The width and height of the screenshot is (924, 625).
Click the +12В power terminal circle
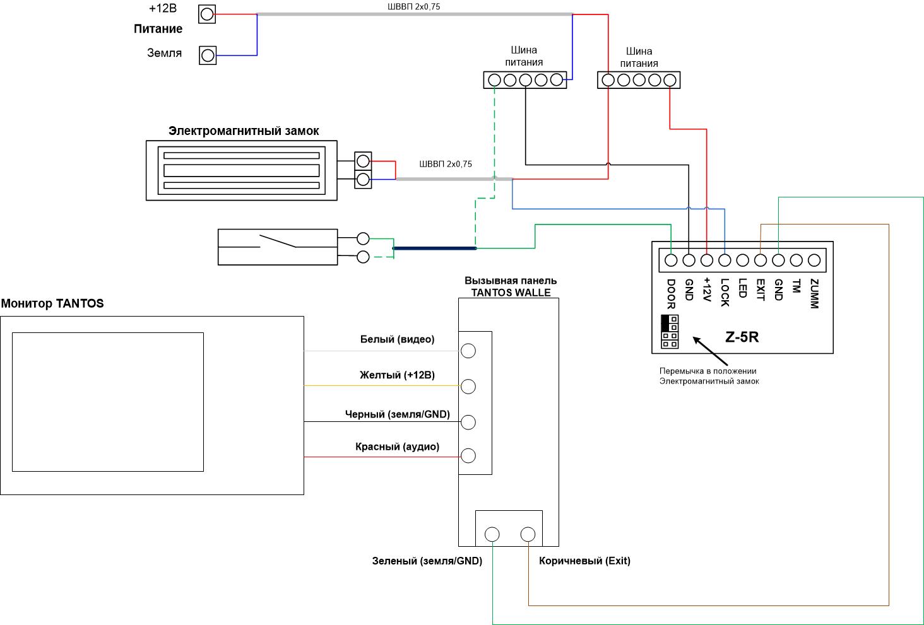[207, 15]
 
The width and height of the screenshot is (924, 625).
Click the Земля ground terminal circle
[208, 55]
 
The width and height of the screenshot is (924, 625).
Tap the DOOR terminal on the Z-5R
[671, 260]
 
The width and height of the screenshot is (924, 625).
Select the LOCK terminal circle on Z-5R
[725, 260]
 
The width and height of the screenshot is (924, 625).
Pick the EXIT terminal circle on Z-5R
[761, 260]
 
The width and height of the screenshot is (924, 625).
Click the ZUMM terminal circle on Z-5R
[814, 260]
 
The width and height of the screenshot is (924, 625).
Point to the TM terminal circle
[796, 260]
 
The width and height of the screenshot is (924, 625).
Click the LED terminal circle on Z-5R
[742, 260]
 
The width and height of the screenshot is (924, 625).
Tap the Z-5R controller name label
[742, 337]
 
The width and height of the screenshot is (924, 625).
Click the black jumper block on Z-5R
[665, 323]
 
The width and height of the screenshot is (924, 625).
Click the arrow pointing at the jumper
[710, 351]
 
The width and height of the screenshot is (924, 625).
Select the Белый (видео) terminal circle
[468, 351]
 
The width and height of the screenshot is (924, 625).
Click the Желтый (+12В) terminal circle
[468, 387]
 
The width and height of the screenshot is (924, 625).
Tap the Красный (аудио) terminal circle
[468, 455]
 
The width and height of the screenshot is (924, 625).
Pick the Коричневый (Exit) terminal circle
[528, 534]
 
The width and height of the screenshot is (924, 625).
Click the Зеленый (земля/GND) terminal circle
[492, 534]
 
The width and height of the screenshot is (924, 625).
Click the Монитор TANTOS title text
[52, 303]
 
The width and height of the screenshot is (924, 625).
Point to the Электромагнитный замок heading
[244, 131]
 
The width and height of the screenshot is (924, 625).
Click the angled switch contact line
[277, 241]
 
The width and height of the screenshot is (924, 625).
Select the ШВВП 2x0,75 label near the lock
[446, 164]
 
